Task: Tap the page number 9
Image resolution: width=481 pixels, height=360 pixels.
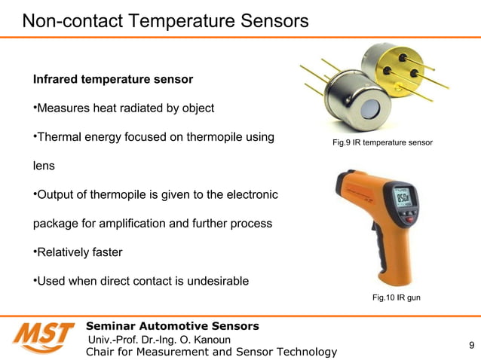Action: tap(471, 346)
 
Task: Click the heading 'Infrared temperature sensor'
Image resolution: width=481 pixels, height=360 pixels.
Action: tap(112, 79)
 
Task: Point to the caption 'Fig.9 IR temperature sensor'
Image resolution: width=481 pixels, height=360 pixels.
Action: tap(382, 142)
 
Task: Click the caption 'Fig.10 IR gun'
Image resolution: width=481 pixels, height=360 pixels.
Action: tap(397, 298)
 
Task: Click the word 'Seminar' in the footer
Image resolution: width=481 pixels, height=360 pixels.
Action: tap(112, 326)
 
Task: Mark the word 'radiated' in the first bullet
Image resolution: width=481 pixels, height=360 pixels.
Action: tap(145, 108)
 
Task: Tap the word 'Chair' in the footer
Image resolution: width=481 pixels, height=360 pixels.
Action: tap(103, 352)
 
